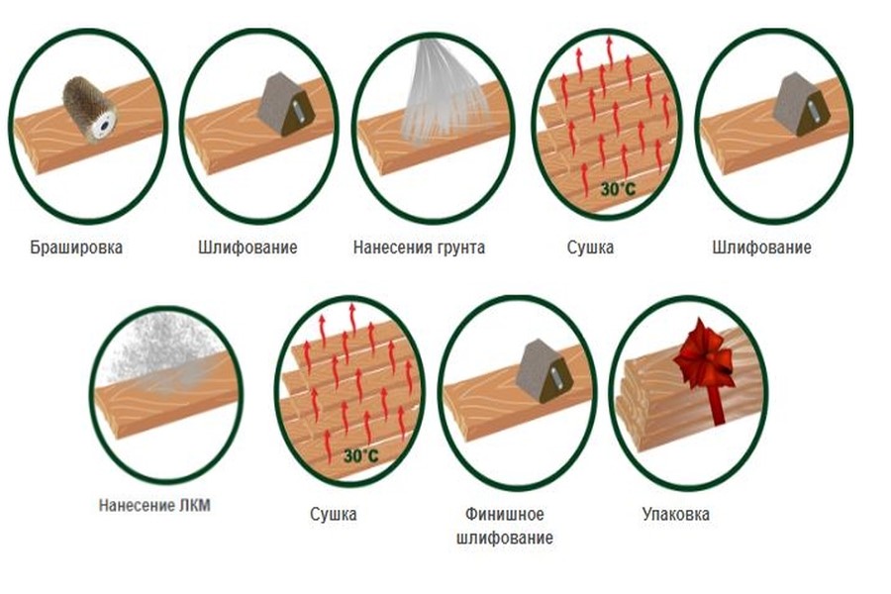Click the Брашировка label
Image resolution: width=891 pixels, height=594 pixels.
(x=76, y=247)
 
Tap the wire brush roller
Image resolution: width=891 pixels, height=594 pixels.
(x=89, y=109)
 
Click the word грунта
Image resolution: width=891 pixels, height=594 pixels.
(x=460, y=247)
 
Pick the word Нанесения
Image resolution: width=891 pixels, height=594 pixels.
(x=393, y=247)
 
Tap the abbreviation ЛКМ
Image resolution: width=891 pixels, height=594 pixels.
(x=194, y=505)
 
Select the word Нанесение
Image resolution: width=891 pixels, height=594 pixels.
(x=137, y=505)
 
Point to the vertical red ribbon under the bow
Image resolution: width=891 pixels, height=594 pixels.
(x=717, y=405)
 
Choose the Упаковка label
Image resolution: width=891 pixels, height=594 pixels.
(x=675, y=514)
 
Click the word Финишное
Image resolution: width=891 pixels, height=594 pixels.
(x=505, y=514)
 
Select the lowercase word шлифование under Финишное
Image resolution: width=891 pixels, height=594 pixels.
(x=505, y=538)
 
